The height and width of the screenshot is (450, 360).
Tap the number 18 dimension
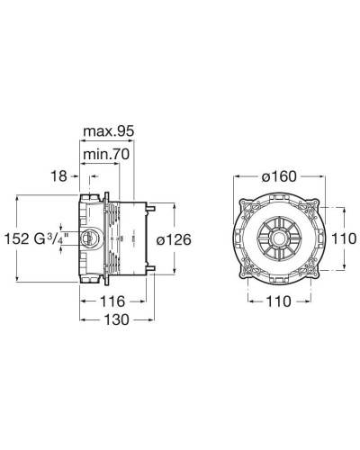[59, 177]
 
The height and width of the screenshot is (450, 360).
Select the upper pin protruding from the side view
[153, 209]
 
